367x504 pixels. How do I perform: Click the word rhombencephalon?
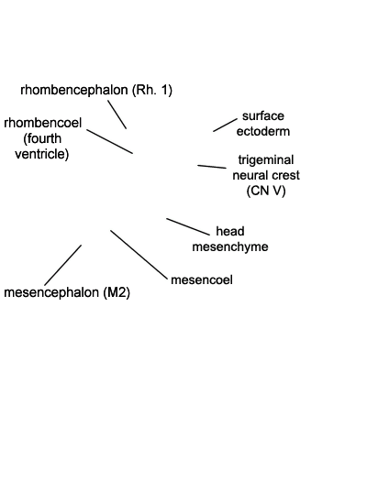point(74,91)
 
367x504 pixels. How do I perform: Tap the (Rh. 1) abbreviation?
point(152,91)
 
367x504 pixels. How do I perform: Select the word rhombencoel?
point(43,123)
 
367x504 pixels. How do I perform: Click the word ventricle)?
point(42,154)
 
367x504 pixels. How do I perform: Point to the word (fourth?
point(42,138)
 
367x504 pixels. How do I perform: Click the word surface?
point(263,115)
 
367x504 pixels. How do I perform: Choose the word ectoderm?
point(263,131)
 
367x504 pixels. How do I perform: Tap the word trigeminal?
point(266,160)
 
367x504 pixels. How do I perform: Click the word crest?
point(285,175)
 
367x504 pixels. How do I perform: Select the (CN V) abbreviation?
point(266,191)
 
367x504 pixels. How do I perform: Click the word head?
point(230,231)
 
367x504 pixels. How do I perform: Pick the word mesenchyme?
point(230,247)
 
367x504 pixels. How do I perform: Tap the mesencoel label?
point(202,279)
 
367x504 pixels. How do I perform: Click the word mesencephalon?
point(51,293)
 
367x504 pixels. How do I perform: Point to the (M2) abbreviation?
point(117,293)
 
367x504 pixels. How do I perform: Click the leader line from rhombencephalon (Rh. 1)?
point(117,115)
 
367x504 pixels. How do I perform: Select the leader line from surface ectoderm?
point(225,125)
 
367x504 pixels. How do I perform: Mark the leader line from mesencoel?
point(139,255)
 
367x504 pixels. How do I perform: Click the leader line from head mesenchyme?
point(188,226)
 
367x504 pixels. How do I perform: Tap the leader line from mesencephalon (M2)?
point(62,265)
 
